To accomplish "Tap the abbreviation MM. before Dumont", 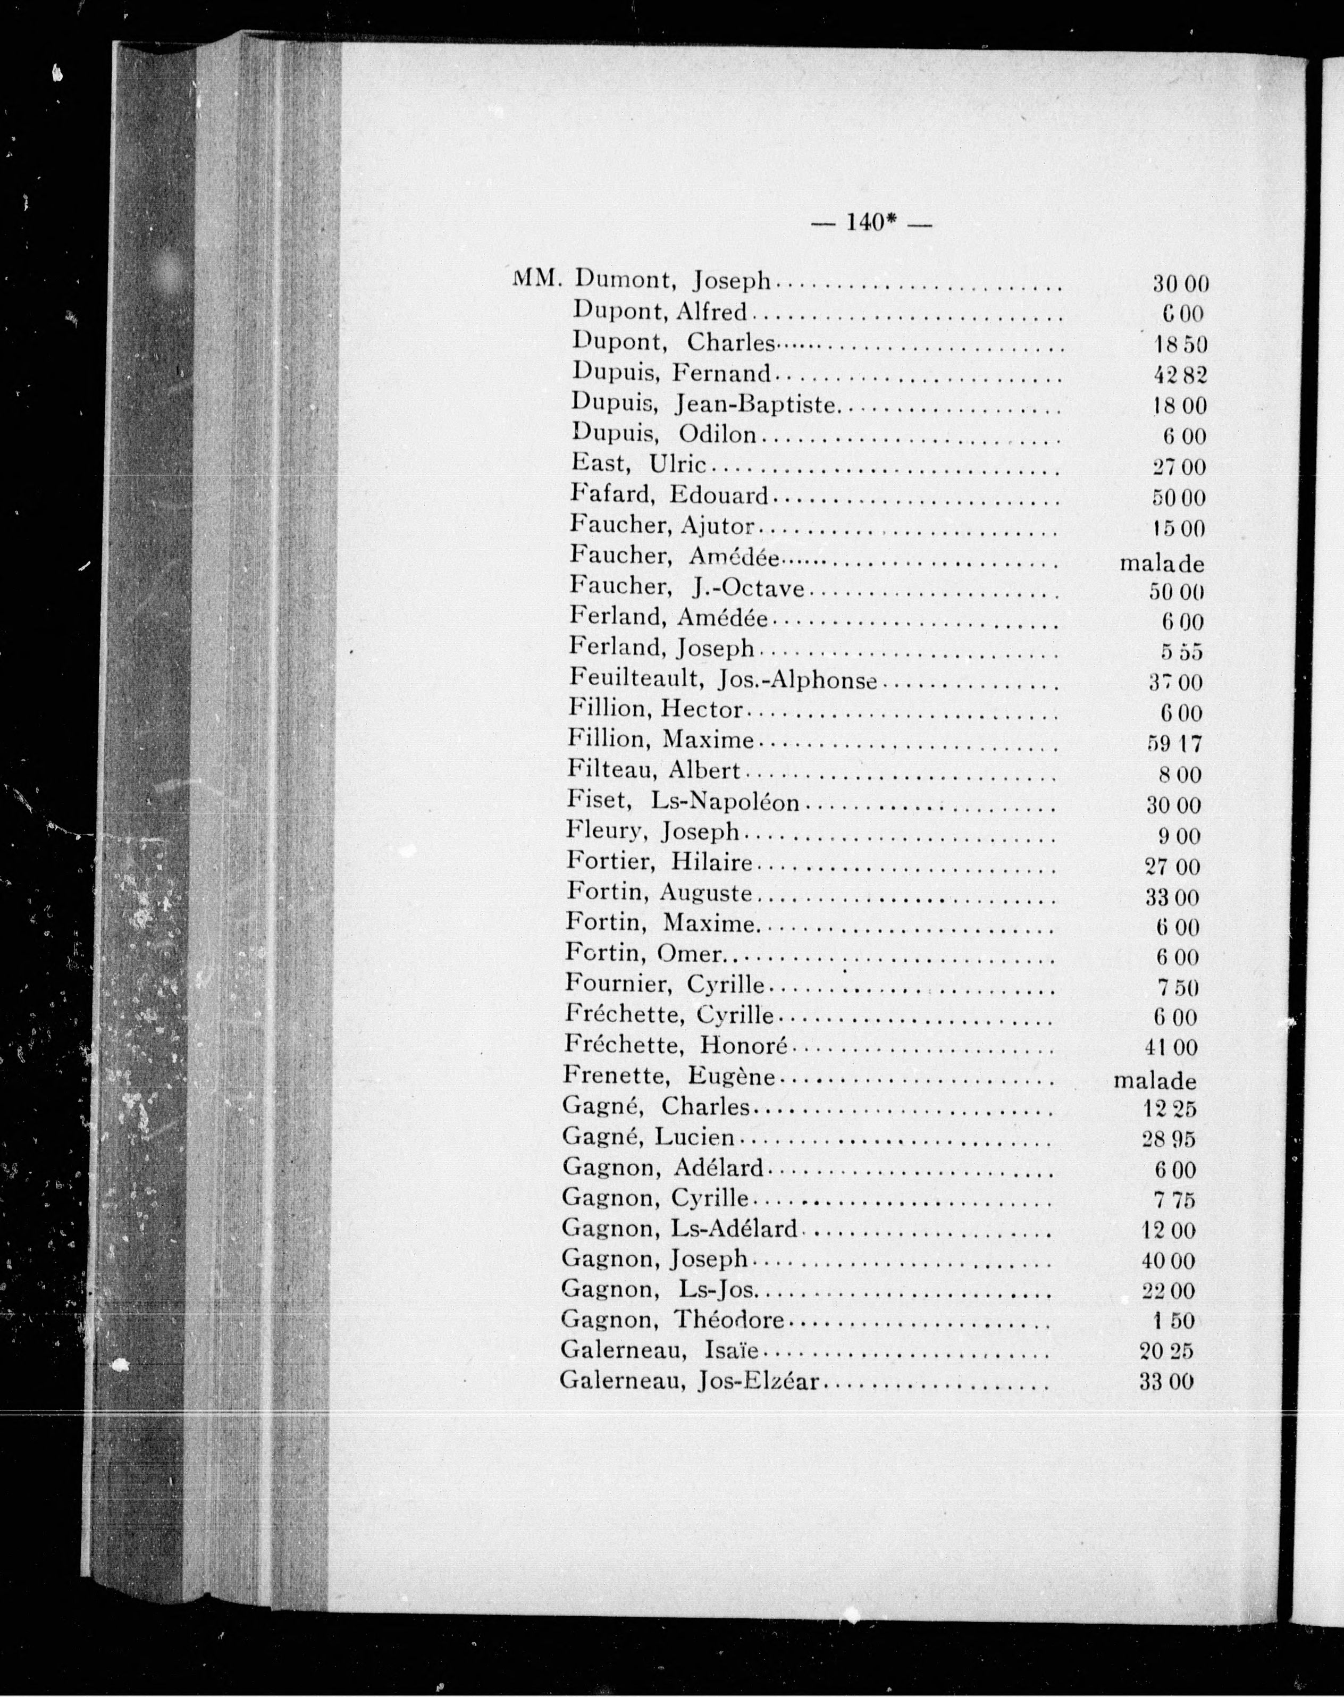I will pos(536,279).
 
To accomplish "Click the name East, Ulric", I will pos(638,465).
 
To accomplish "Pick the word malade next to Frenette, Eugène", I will pos(1154,1080).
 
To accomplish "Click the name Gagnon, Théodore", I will pos(673,1320).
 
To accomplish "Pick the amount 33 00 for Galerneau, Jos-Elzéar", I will pos(1166,1382).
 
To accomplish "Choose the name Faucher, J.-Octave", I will pos(686,587).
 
